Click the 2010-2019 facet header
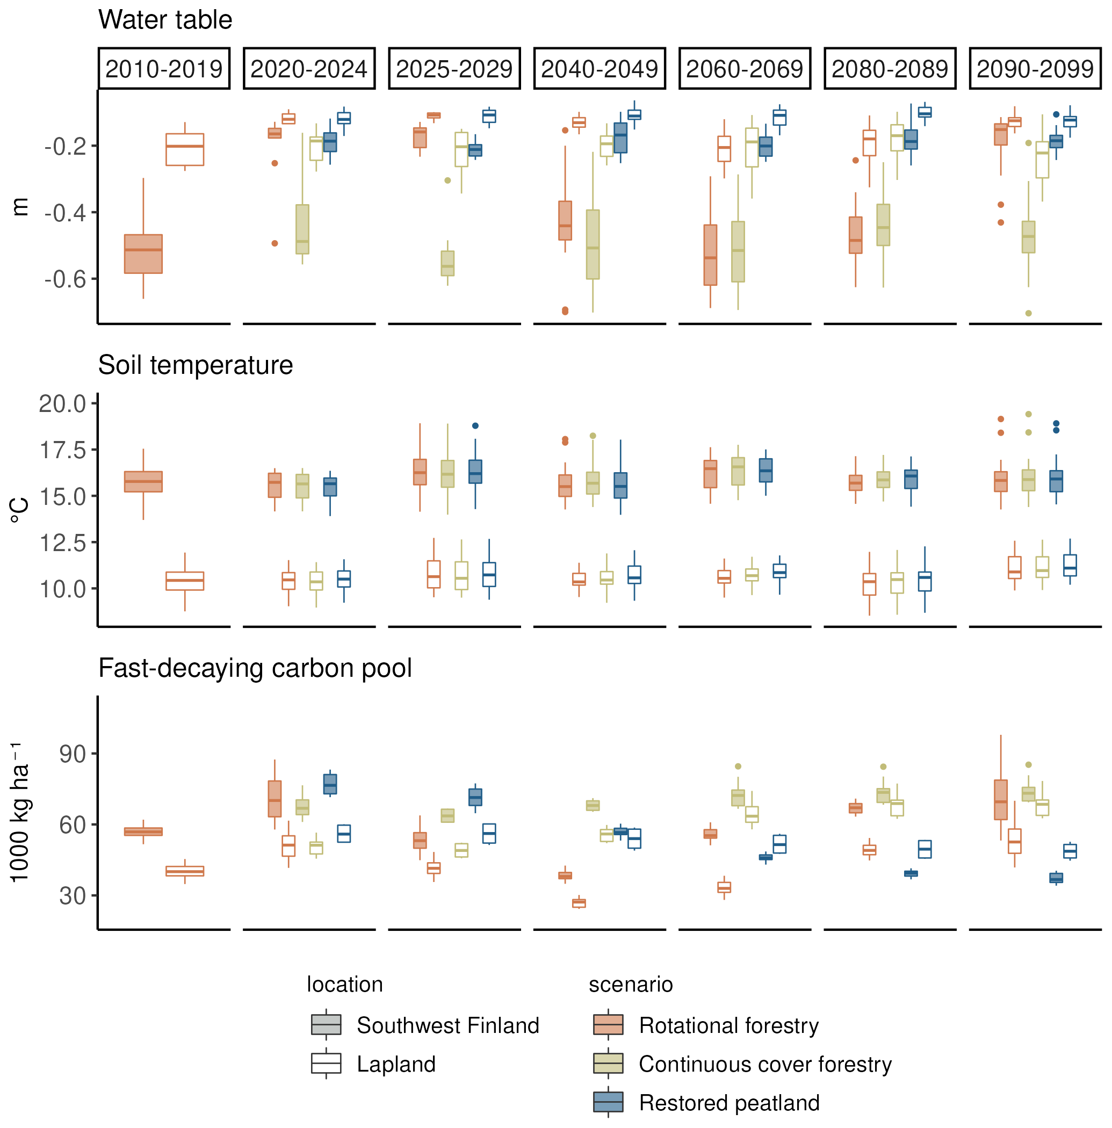(x=163, y=69)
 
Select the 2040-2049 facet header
(x=599, y=69)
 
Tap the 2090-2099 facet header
(x=1035, y=69)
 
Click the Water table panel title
(x=165, y=20)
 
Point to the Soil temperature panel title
(x=196, y=365)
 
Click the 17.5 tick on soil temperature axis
(x=62, y=451)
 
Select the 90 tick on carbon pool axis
(x=73, y=754)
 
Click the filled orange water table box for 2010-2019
(x=143, y=254)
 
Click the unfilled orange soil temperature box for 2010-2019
(x=185, y=581)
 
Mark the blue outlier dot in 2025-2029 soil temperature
(x=475, y=426)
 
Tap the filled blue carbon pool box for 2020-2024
(x=330, y=784)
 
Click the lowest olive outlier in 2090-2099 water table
(x=1029, y=314)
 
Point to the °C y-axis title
(x=20, y=511)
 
